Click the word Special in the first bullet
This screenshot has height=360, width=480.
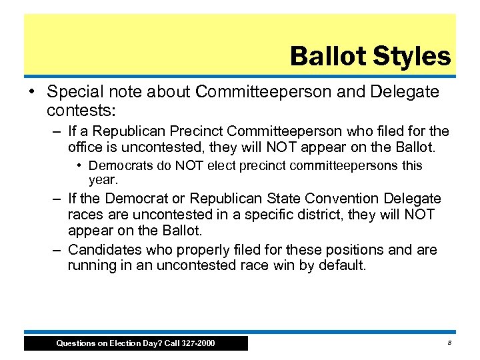coord(73,91)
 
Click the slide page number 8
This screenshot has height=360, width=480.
coord(450,343)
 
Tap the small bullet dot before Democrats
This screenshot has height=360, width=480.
coord(79,165)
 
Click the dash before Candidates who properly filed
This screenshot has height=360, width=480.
coord(59,250)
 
